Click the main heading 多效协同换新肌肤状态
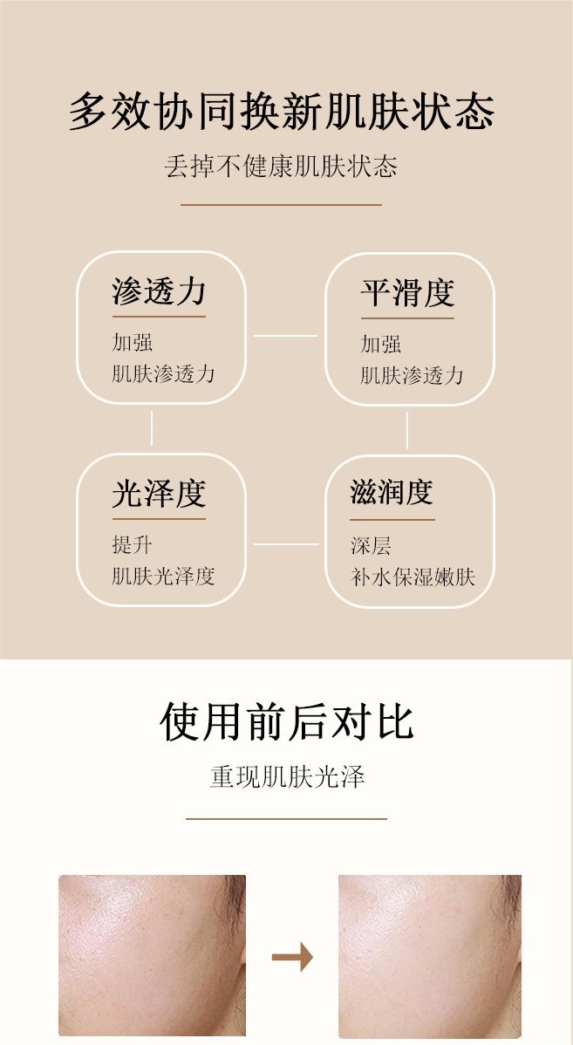point(282,112)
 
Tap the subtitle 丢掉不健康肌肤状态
point(281,166)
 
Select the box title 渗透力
point(159,291)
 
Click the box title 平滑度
point(407,293)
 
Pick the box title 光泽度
point(159,494)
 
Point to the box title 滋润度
point(392,492)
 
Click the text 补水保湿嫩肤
point(413,577)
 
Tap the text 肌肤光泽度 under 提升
point(163,576)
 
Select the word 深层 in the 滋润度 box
point(371,546)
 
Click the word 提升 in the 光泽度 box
point(133,545)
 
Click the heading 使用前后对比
point(286,721)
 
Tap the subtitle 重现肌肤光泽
point(286,776)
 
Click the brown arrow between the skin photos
point(292,958)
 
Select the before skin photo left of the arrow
point(152,955)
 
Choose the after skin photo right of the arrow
point(429,955)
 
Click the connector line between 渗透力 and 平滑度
point(285,335)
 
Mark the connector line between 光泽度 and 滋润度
point(285,544)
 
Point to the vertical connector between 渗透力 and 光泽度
point(152,428)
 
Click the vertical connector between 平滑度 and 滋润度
point(407,430)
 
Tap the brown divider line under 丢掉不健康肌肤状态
point(281,205)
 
